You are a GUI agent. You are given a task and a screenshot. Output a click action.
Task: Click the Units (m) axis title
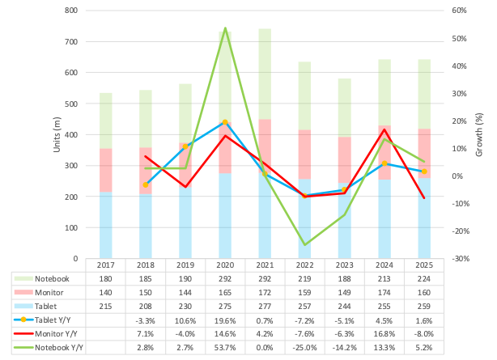pos(57,133)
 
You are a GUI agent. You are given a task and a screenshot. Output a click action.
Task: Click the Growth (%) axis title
pos(478,134)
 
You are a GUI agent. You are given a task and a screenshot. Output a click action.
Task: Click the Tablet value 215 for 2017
pos(105,307)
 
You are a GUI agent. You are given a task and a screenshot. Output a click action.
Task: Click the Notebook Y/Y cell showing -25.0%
pos(304,347)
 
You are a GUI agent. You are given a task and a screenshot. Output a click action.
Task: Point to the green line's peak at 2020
pos(224,28)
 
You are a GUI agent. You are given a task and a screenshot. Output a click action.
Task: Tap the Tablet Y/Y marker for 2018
pos(146,185)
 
